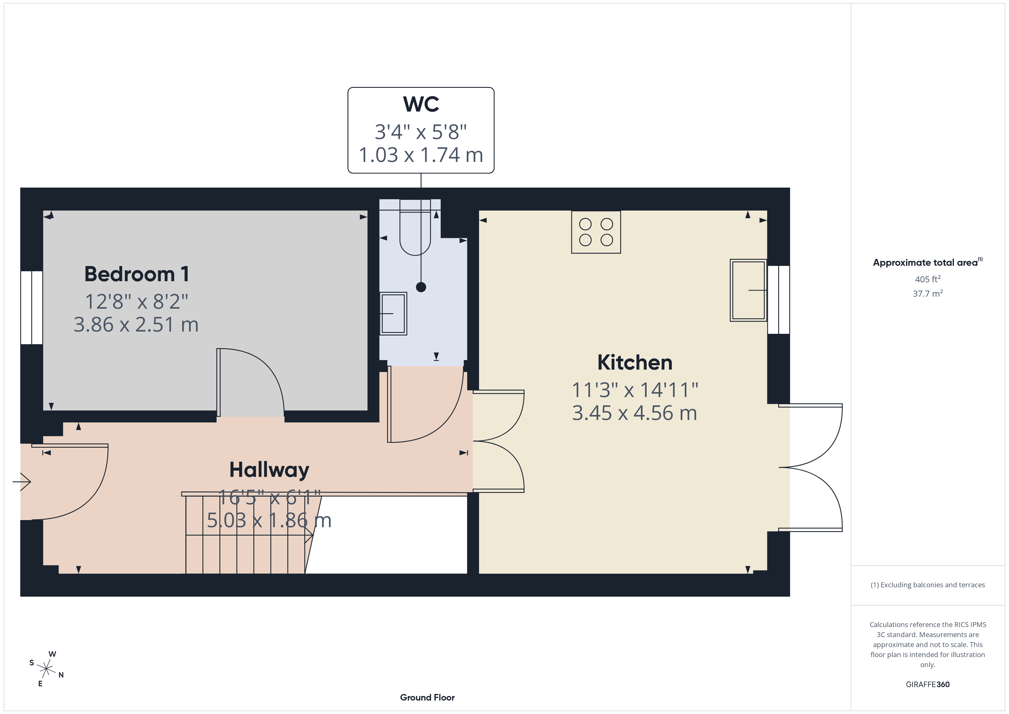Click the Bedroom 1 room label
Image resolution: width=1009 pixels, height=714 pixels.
[x=137, y=274]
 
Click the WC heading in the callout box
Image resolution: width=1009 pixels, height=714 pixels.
[x=421, y=104]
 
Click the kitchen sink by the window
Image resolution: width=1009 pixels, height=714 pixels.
[x=748, y=290]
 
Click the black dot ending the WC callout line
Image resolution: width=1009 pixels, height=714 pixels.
[x=421, y=287]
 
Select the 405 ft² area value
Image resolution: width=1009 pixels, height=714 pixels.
[x=927, y=279]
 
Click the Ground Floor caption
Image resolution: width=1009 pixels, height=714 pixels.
[x=427, y=697]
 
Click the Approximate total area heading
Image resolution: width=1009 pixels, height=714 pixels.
[x=926, y=263]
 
